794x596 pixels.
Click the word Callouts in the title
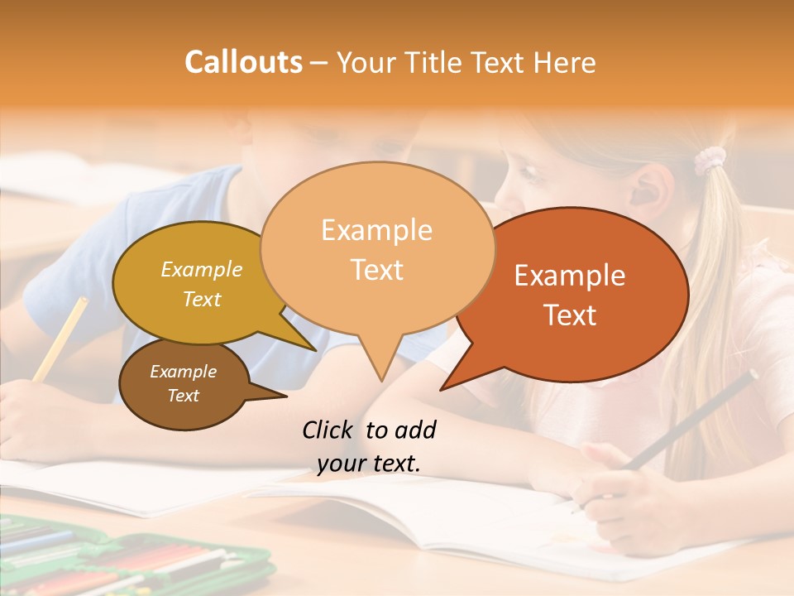[x=243, y=62]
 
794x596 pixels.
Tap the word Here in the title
[x=566, y=62]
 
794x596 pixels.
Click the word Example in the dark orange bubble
[x=570, y=276]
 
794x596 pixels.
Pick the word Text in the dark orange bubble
[x=570, y=315]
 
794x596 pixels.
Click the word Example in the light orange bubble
[x=376, y=230]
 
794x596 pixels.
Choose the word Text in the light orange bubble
[x=377, y=269]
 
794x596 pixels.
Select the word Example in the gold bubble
[x=202, y=269]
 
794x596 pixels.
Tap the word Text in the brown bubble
[x=184, y=396]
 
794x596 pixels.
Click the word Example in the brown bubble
[x=184, y=372]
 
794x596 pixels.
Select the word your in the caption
[x=341, y=464]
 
